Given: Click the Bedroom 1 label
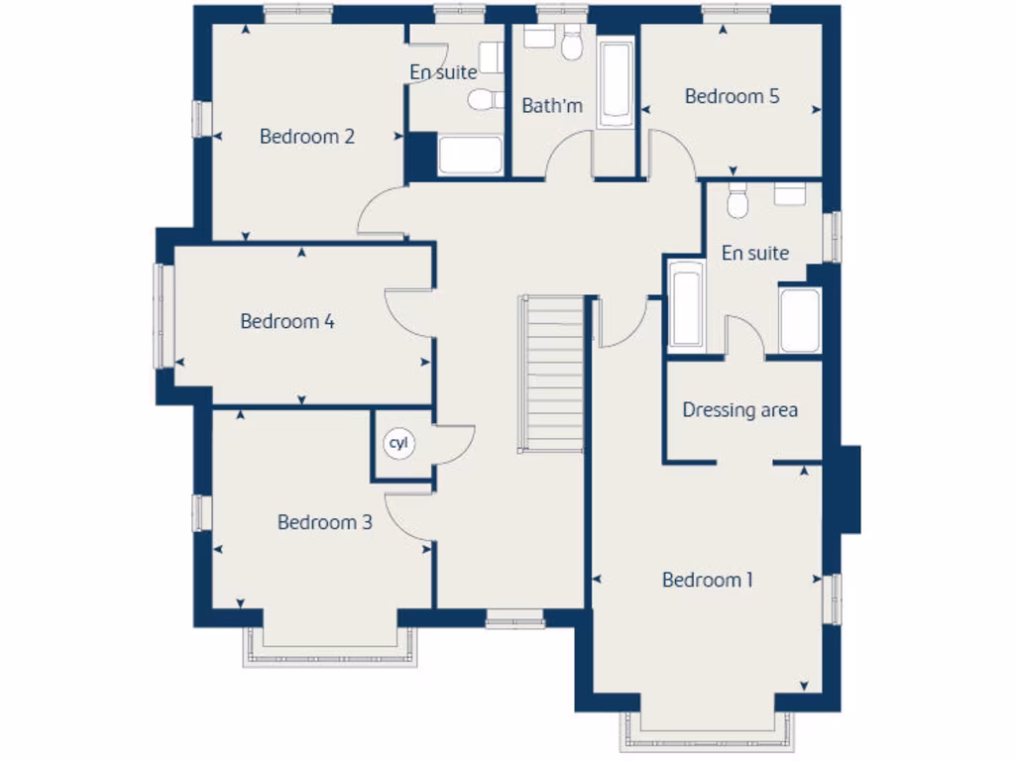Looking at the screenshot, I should tap(707, 580).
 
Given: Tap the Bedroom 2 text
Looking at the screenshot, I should tap(306, 137).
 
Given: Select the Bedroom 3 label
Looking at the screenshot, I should tap(324, 522).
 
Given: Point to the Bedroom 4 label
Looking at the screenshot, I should tap(286, 321).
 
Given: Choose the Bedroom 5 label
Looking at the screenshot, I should tap(732, 96).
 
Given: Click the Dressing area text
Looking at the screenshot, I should tap(739, 410).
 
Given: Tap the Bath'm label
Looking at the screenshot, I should tap(552, 105).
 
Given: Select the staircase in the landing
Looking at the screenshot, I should tap(552, 374).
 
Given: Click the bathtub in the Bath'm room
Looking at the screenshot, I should tap(616, 83).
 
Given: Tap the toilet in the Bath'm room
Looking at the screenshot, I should tap(572, 46).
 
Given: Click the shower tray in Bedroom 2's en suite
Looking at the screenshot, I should tap(470, 156).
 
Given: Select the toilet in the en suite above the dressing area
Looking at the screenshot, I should tap(736, 203).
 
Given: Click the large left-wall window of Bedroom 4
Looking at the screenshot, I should tap(163, 315).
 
